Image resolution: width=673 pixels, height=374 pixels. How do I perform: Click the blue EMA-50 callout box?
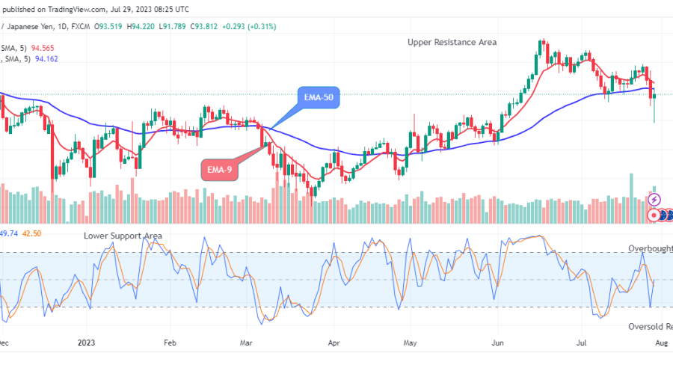(x=319, y=98)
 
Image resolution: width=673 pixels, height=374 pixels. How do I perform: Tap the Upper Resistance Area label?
(x=452, y=42)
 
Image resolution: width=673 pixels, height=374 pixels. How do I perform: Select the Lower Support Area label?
(x=123, y=236)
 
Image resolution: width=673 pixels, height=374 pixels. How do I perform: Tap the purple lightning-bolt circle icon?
(x=654, y=200)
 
